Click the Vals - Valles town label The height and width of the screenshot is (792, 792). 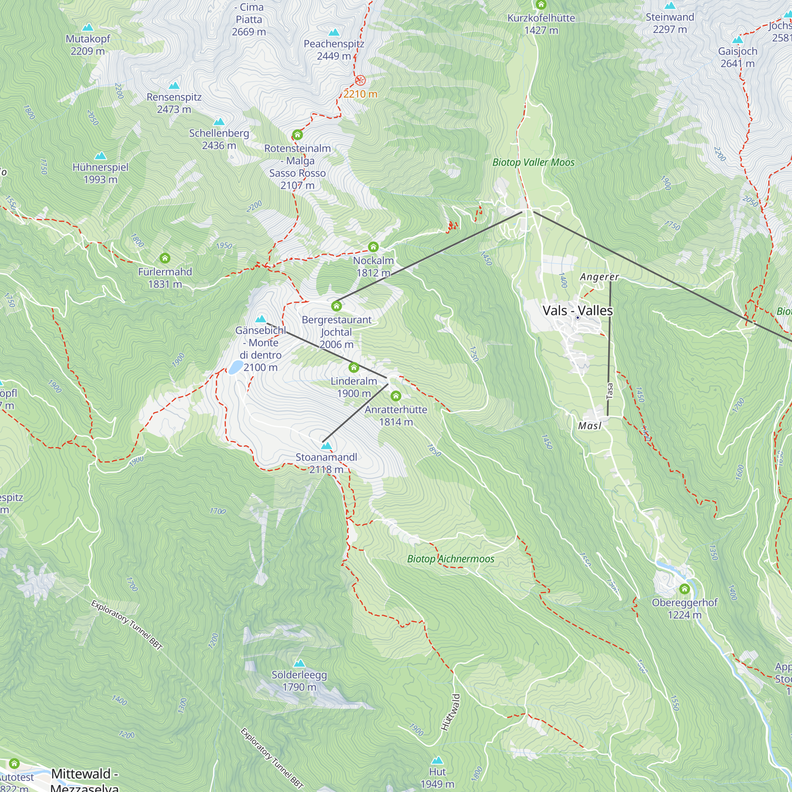[577, 310]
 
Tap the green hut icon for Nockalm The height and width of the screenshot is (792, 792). [373, 247]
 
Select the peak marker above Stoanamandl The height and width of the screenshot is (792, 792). [326, 445]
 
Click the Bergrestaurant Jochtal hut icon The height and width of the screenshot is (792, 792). [337, 306]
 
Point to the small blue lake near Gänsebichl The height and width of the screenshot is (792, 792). [235, 367]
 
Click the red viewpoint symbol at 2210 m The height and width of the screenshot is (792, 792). [360, 80]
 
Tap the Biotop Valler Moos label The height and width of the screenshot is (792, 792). [533, 162]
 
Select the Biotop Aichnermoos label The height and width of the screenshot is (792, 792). [451, 559]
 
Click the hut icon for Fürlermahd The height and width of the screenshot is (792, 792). [165, 258]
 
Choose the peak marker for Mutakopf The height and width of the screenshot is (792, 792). [88, 27]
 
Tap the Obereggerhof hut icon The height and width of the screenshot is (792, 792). [684, 589]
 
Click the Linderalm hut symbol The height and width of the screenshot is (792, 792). [354, 367]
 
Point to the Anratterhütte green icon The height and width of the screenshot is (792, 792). [396, 396]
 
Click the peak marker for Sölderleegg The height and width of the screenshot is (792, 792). [299, 663]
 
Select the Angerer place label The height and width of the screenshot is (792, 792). [599, 277]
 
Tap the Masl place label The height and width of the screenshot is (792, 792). [590, 426]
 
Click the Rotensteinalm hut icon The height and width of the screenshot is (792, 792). [297, 135]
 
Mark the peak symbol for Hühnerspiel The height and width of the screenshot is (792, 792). [101, 156]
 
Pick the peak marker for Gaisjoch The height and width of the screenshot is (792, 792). [737, 40]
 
